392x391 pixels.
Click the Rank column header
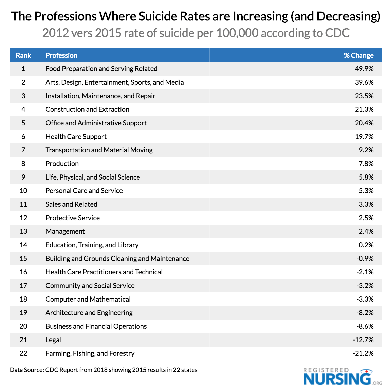tap(23, 55)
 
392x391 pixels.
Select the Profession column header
tap(61, 55)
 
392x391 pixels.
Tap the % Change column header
tap(358, 55)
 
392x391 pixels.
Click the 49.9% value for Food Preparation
tap(364, 69)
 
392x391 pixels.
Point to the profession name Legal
tap(53, 340)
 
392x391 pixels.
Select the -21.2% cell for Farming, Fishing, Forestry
tap(363, 353)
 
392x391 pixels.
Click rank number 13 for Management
tap(23, 231)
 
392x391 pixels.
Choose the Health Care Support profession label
tap(76, 137)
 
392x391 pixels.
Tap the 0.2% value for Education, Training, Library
tap(366, 245)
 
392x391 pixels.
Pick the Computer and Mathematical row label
tap(88, 299)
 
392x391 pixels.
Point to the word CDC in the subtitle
tap(337, 33)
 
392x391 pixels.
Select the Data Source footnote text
tap(104, 370)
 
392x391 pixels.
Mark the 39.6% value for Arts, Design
tap(364, 82)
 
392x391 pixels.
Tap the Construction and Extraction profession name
tap(87, 109)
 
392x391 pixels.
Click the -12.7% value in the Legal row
tap(363, 340)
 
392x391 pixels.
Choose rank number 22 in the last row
tap(23, 353)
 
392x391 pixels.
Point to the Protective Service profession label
tap(73, 218)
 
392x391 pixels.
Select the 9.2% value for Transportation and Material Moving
tap(366, 150)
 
